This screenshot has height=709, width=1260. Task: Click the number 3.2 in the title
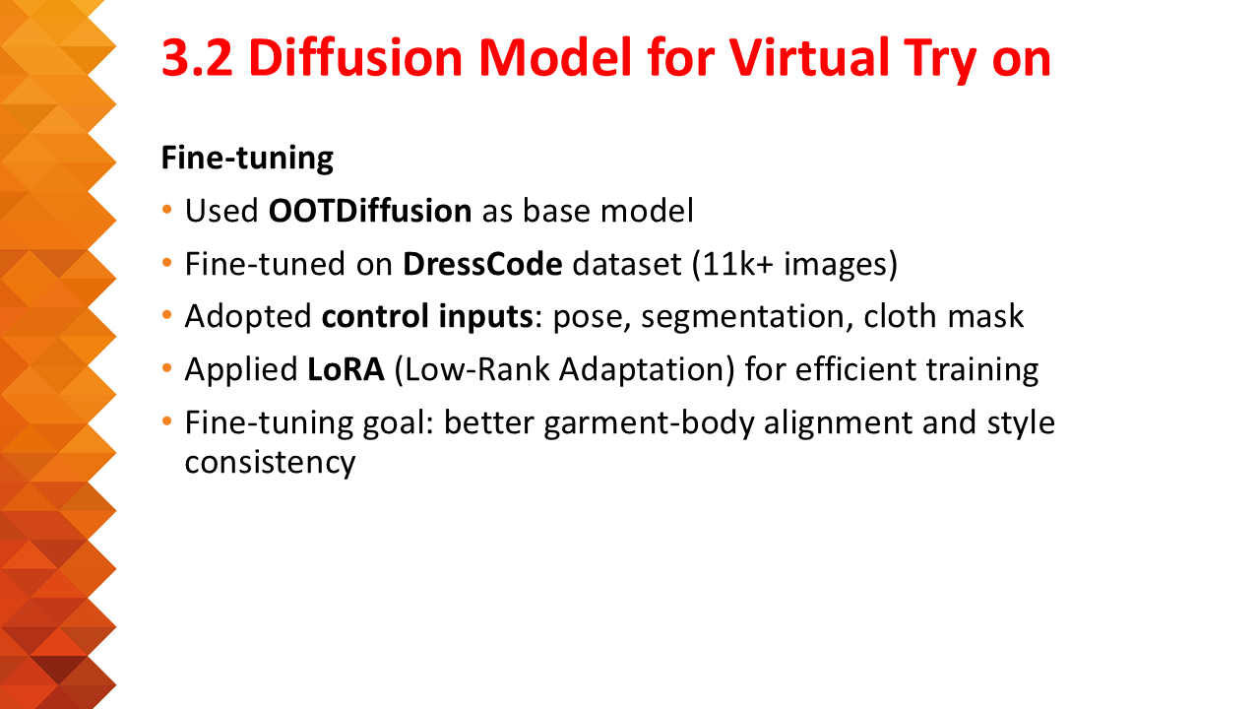coord(197,58)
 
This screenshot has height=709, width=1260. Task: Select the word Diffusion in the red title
coord(355,57)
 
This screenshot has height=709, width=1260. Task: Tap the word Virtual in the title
coord(809,57)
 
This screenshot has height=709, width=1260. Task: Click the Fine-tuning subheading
coord(247,159)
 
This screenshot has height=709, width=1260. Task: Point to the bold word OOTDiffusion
coord(369,211)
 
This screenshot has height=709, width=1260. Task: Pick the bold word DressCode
coord(482,264)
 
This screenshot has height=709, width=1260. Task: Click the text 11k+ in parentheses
coord(737,264)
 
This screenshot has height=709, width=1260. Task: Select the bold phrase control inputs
coord(427,316)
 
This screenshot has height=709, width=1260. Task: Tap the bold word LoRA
coord(346,369)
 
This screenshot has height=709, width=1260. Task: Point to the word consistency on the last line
coord(270,463)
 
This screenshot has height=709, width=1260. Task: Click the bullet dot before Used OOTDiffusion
coord(166,210)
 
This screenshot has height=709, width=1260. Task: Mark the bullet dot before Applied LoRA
coord(166,368)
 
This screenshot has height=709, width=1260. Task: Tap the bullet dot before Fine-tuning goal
coord(166,421)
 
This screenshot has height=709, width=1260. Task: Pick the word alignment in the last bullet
coord(838,423)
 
